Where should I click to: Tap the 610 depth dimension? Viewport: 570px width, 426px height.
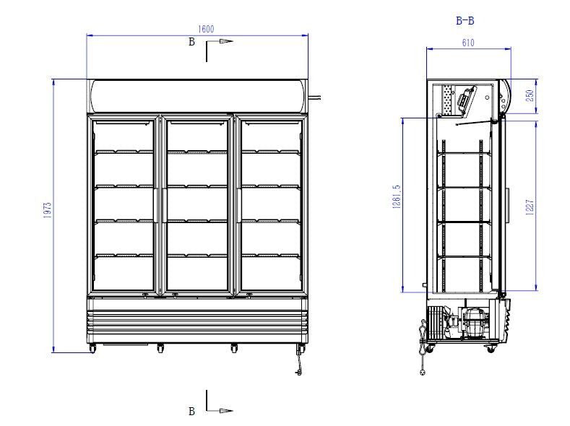pos(467,43)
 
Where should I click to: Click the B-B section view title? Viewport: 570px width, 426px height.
pos(465,21)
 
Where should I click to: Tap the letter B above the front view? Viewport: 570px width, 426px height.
pos(191,42)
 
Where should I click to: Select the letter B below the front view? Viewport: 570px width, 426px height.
pos(191,412)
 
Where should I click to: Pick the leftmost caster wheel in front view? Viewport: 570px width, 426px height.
pos(92,349)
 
